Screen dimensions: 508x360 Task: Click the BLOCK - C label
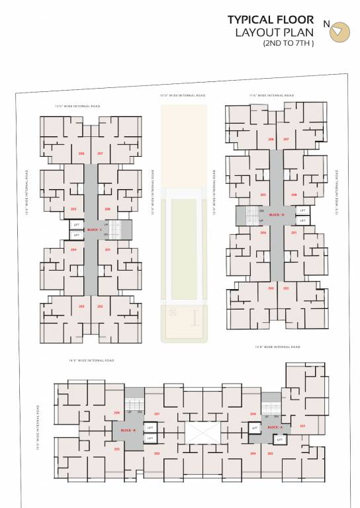[x=94, y=230]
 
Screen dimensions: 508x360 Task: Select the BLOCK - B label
[x=128, y=431]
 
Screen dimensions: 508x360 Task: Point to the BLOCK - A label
[x=274, y=428]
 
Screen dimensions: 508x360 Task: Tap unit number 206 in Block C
[x=81, y=153]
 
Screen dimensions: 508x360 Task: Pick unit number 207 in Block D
[x=286, y=140]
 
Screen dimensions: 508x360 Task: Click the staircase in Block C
[x=115, y=230]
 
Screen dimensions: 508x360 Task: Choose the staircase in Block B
[x=134, y=405]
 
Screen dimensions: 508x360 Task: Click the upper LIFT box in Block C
[x=76, y=225]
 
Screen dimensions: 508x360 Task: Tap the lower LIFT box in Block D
[x=302, y=220]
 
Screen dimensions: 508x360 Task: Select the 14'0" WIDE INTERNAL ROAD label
[x=92, y=360]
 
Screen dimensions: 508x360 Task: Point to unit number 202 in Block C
[x=100, y=306]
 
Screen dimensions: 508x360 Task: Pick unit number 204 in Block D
[x=263, y=233]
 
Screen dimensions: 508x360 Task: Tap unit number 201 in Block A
[x=302, y=426]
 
